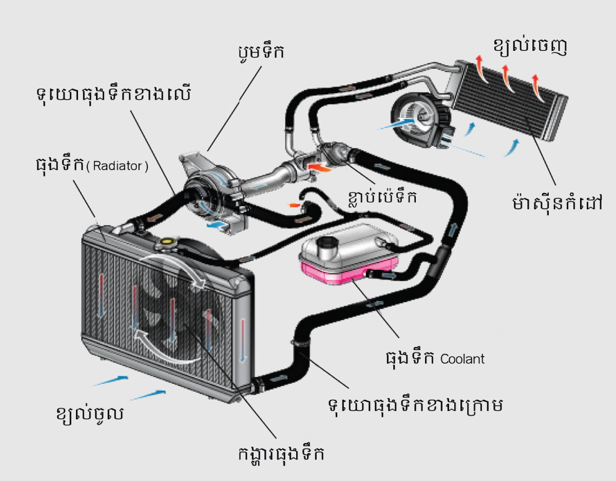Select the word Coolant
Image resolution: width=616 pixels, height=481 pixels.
(x=462, y=358)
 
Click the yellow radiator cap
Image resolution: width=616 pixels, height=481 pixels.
(x=167, y=242)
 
